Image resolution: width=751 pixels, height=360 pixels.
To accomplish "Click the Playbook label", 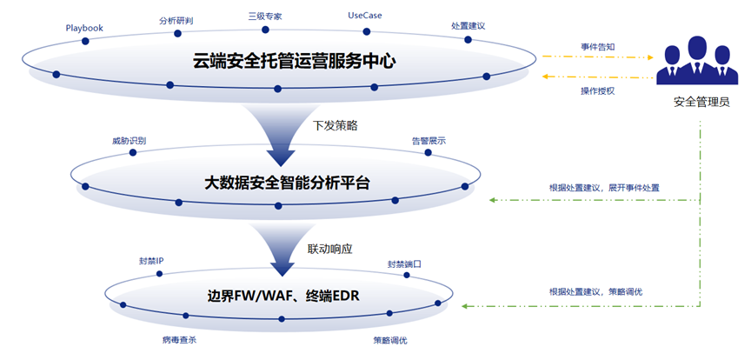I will pyautogui.click(x=84, y=28).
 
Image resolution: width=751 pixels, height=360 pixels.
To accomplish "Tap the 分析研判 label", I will pyautogui.click(x=177, y=19).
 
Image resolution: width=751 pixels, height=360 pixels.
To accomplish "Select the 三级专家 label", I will pyautogui.click(x=265, y=16).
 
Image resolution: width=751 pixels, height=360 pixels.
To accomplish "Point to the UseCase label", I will pyautogui.click(x=365, y=16).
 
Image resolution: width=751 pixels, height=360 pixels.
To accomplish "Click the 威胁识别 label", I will pyautogui.click(x=129, y=140).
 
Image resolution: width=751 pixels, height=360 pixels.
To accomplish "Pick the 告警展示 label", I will pyautogui.click(x=429, y=140).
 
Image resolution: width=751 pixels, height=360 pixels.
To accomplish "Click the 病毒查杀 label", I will pyautogui.click(x=179, y=339).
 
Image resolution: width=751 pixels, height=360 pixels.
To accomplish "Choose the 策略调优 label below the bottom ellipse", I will pyautogui.click(x=390, y=339).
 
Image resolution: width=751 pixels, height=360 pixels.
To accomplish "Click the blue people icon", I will pyautogui.click(x=695, y=60).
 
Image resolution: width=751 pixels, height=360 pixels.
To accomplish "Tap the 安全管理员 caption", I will pyautogui.click(x=701, y=103).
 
